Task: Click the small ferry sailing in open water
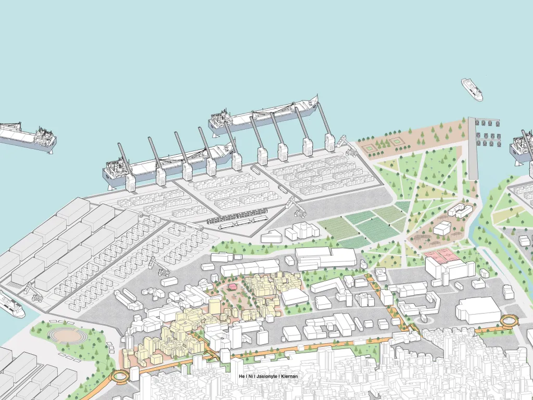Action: click(472, 89)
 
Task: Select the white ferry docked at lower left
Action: click(11, 305)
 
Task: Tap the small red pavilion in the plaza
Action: click(233, 287)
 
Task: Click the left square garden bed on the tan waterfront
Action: click(370, 148)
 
